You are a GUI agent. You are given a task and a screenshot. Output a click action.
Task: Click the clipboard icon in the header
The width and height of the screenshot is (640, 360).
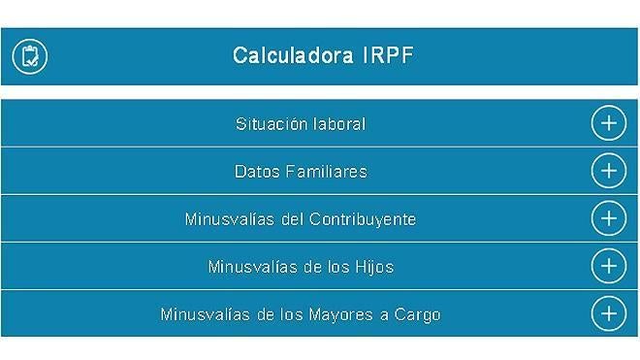pyautogui.click(x=30, y=56)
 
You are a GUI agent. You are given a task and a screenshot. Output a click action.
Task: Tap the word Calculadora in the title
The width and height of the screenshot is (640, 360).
pyautogui.click(x=292, y=55)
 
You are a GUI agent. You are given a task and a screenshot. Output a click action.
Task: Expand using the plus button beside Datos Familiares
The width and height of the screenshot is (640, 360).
pyautogui.click(x=608, y=171)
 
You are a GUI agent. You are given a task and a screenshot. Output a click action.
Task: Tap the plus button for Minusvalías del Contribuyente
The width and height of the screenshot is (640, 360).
pyautogui.click(x=608, y=218)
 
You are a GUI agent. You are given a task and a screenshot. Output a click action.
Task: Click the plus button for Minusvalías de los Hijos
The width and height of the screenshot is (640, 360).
pyautogui.click(x=608, y=266)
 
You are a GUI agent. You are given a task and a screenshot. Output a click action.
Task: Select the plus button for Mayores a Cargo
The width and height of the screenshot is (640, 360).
pyautogui.click(x=608, y=313)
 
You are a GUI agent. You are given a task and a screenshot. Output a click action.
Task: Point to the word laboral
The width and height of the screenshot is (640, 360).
pyautogui.click(x=339, y=124)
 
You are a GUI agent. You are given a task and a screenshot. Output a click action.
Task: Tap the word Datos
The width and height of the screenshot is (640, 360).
pyautogui.click(x=257, y=172)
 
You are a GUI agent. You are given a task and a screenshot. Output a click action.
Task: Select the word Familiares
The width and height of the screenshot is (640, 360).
pyautogui.click(x=327, y=172)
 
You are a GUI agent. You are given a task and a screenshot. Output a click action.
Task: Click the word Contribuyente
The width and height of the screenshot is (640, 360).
pyautogui.click(x=363, y=219)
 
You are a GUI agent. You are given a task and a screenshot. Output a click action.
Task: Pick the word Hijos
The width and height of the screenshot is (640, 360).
pyautogui.click(x=373, y=267)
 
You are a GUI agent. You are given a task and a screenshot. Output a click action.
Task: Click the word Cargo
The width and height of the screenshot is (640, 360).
pyautogui.click(x=418, y=314)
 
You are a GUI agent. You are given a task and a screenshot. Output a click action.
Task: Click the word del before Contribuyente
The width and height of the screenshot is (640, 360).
pyautogui.click(x=292, y=219)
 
